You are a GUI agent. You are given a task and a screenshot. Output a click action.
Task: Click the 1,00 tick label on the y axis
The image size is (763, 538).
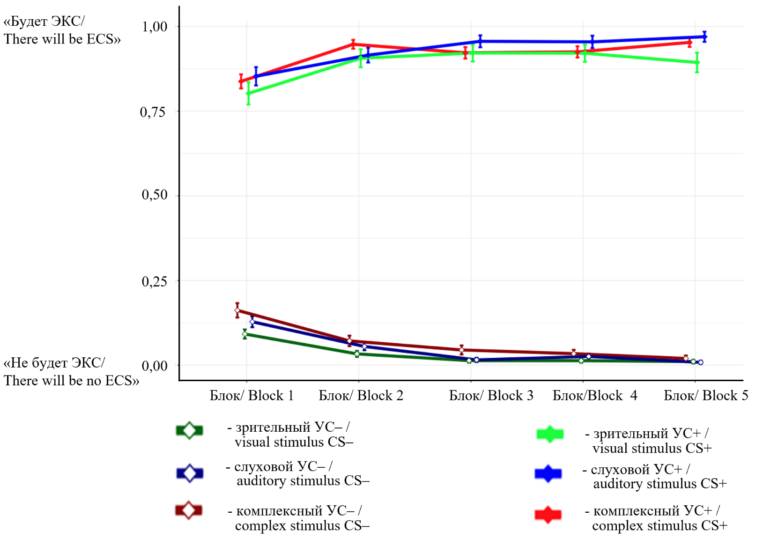[154, 27]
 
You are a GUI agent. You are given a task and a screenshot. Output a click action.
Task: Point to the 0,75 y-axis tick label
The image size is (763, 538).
[153, 112]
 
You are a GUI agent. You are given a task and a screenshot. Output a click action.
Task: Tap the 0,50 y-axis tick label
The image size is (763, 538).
[154, 195]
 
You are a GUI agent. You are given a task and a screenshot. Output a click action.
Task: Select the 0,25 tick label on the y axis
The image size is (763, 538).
[154, 281]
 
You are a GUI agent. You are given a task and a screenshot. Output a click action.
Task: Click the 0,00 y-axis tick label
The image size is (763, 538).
[154, 366]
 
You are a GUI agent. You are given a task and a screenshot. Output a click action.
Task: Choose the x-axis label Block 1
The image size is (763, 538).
[252, 396]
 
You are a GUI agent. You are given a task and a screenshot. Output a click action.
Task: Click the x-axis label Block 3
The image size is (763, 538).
[491, 396]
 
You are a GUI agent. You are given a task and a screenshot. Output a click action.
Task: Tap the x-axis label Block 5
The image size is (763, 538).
[705, 396]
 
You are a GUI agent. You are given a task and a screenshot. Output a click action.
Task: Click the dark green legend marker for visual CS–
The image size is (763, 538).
[189, 430]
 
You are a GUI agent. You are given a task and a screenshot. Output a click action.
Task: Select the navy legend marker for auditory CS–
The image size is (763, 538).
[190, 473]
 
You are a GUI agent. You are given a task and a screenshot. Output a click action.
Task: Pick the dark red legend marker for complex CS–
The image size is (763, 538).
[188, 510]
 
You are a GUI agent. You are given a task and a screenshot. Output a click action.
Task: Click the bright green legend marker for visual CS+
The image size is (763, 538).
[549, 435]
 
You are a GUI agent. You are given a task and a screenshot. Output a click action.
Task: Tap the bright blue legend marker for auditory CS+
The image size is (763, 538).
[548, 474]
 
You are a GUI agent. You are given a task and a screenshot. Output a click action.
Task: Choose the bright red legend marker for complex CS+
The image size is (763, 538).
[548, 515]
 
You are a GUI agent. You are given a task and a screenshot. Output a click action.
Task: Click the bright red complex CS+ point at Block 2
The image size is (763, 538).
[353, 44]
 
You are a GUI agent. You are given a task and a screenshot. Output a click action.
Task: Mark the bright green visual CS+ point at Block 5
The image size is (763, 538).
[697, 62]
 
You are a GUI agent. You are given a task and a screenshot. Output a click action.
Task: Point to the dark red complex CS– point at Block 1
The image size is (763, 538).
[237, 310]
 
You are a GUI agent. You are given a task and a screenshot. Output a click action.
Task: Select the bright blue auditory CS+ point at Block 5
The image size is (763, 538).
[704, 37]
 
